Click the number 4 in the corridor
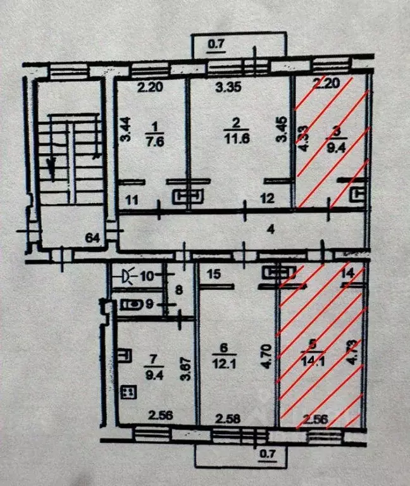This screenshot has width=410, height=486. [x=270, y=229]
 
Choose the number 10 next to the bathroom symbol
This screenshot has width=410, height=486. [x=147, y=276]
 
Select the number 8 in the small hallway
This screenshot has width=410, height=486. [x=178, y=292]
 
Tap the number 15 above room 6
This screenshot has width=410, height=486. [x=213, y=274]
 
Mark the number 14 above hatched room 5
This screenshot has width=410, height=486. [x=346, y=273]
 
